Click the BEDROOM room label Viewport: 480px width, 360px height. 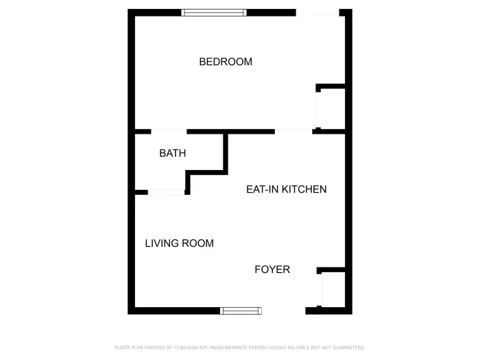(x=225, y=62)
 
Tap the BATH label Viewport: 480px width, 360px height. (x=172, y=154)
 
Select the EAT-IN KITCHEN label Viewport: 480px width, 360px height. (x=286, y=189)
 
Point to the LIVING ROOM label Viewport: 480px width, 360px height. (x=179, y=243)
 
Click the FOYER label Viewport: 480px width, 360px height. (x=272, y=269)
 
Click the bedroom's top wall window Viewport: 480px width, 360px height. (x=214, y=12)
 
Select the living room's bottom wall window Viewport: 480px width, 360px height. (x=241, y=311)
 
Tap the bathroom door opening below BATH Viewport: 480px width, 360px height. (x=166, y=193)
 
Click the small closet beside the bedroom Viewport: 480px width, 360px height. (x=330, y=108)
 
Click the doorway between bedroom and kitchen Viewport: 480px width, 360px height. (x=293, y=130)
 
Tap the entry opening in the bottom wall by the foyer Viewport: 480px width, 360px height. (x=283, y=311)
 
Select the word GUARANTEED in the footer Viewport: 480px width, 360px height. (x=350, y=348)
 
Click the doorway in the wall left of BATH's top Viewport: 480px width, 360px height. (x=169, y=131)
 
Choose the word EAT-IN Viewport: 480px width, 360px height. (x=260, y=189)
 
